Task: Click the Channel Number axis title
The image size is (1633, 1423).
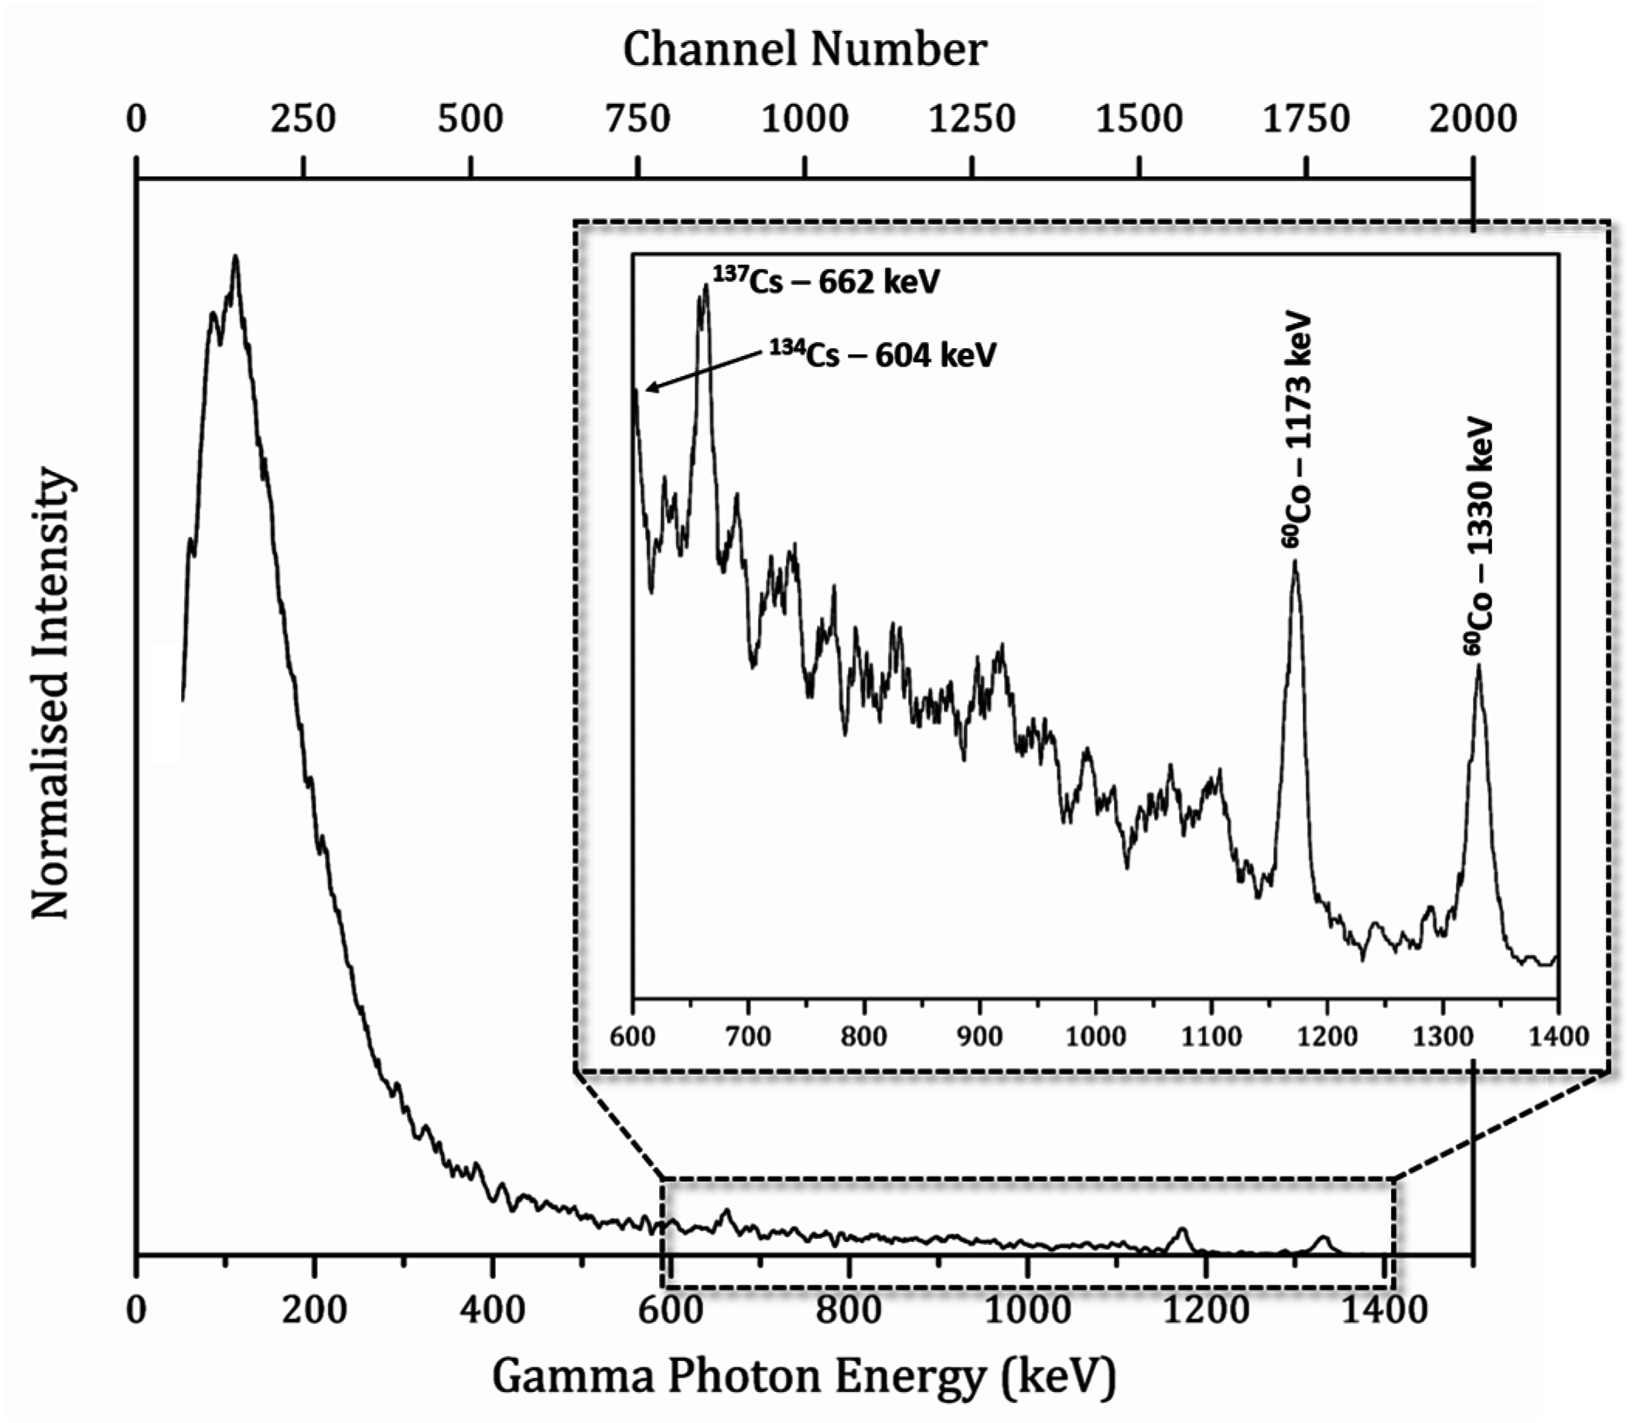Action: tap(805, 50)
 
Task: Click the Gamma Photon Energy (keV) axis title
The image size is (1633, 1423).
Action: tap(805, 1377)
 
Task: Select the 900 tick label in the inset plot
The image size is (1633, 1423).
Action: tap(979, 1036)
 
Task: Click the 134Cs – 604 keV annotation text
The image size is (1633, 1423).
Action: tap(881, 354)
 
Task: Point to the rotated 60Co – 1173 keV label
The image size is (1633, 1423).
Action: tap(1296, 429)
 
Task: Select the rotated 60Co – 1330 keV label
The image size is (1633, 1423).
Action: tap(1479, 537)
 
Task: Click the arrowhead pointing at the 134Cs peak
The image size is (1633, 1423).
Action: tap(649, 389)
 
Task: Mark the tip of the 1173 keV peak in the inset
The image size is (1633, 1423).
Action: tap(1295, 563)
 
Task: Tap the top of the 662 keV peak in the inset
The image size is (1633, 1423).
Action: tap(705, 287)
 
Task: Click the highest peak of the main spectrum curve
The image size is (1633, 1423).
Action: tap(235, 257)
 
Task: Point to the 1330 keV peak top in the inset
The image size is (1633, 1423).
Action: tap(1478, 665)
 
